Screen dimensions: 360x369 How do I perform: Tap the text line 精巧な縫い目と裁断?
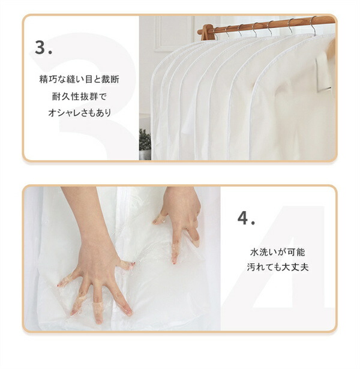click(x=79, y=79)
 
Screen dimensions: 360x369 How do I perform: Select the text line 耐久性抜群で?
click(x=79, y=96)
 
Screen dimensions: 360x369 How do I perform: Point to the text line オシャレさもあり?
click(x=79, y=113)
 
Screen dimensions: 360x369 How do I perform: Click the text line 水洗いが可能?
click(x=278, y=252)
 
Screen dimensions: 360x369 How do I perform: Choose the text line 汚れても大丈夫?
click(x=278, y=267)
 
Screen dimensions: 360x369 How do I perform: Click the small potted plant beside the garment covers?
click(x=145, y=144)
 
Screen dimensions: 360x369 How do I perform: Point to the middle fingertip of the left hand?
click(x=98, y=320)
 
